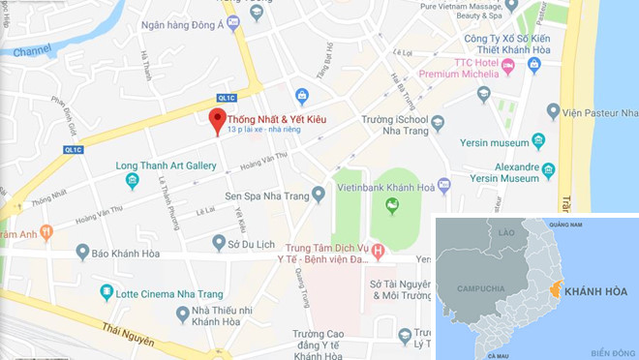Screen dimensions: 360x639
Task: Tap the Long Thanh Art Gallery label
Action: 166,166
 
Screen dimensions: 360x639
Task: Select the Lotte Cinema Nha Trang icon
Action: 106,291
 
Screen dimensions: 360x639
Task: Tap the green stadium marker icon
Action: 391,204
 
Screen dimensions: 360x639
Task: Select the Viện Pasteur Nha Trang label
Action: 593,111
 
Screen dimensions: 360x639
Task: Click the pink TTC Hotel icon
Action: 508,66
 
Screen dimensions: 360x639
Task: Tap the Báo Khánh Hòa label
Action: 133,254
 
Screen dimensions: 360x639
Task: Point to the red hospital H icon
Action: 379,253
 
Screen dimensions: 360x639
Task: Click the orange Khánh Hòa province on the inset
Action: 556,287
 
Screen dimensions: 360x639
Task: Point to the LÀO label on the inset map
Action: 505,233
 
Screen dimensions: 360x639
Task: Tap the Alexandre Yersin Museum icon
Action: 549,171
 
